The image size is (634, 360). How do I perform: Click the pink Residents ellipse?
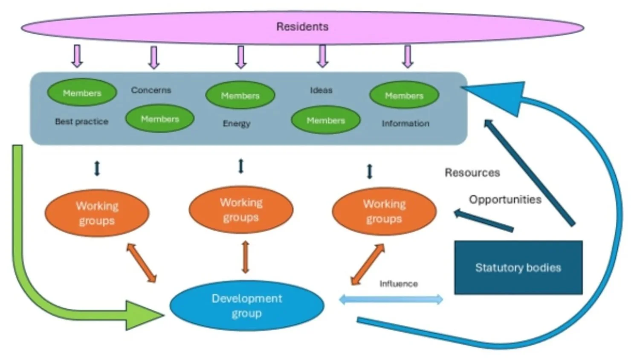(x=302, y=27)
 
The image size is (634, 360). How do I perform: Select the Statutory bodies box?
(x=518, y=267)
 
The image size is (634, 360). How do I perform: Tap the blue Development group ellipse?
(x=246, y=305)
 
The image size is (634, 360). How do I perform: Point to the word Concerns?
(x=151, y=90)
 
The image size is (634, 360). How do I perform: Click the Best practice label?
(x=81, y=122)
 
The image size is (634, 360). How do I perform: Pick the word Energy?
(x=236, y=123)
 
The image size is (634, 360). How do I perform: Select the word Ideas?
(x=321, y=90)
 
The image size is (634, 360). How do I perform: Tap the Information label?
(x=405, y=123)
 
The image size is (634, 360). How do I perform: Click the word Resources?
(x=472, y=173)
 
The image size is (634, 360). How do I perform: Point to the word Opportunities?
(x=505, y=200)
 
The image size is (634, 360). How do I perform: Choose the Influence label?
(x=399, y=284)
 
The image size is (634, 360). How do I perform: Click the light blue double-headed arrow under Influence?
(x=391, y=299)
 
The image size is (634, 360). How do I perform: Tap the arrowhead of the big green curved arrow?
(x=143, y=315)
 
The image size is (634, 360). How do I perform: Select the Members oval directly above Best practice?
(x=82, y=93)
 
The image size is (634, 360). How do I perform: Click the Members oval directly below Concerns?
(x=160, y=119)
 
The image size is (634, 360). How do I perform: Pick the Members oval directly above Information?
(x=404, y=95)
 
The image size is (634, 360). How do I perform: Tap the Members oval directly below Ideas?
(x=326, y=120)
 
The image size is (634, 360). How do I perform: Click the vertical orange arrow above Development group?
(x=245, y=257)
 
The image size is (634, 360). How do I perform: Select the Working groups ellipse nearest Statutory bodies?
(x=384, y=212)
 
